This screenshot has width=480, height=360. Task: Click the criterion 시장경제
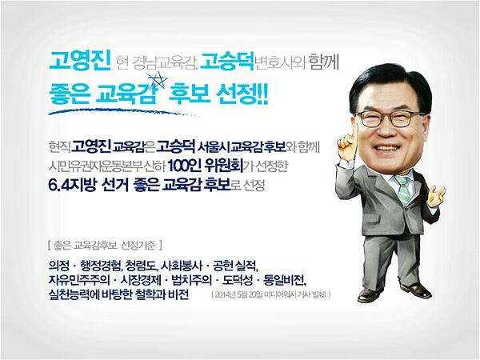point(149,278)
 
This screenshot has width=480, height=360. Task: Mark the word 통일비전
point(284,278)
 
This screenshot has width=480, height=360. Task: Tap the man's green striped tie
point(403,188)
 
